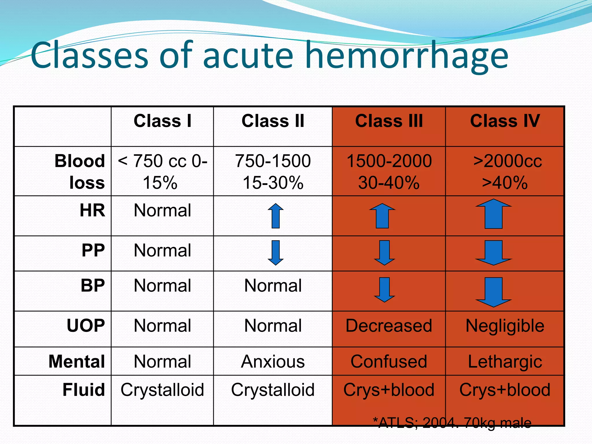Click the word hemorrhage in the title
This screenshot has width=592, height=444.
pyautogui.click(x=406, y=56)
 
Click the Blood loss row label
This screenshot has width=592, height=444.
pyautogui.click(x=79, y=171)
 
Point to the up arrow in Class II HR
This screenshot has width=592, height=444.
pyautogui.click(x=275, y=216)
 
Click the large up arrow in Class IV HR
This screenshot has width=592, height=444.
pyautogui.click(x=493, y=214)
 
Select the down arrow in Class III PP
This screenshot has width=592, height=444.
pyautogui.click(x=384, y=252)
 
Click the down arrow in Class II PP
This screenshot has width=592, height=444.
pyautogui.click(x=275, y=252)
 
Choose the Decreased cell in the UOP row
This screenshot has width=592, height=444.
pyautogui.click(x=389, y=326)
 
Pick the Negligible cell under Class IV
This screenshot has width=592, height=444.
pyautogui.click(x=505, y=326)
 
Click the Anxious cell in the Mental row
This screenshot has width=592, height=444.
pyautogui.click(x=273, y=362)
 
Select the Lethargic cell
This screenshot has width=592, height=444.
pyautogui.click(x=505, y=362)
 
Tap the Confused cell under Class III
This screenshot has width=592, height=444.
pyautogui.click(x=389, y=362)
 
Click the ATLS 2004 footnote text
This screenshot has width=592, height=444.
pyautogui.click(x=452, y=423)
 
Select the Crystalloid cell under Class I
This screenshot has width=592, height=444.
pyautogui.click(x=162, y=390)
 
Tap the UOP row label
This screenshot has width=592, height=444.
pyautogui.click(x=86, y=326)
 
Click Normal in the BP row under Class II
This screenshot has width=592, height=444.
pyautogui.click(x=273, y=286)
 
